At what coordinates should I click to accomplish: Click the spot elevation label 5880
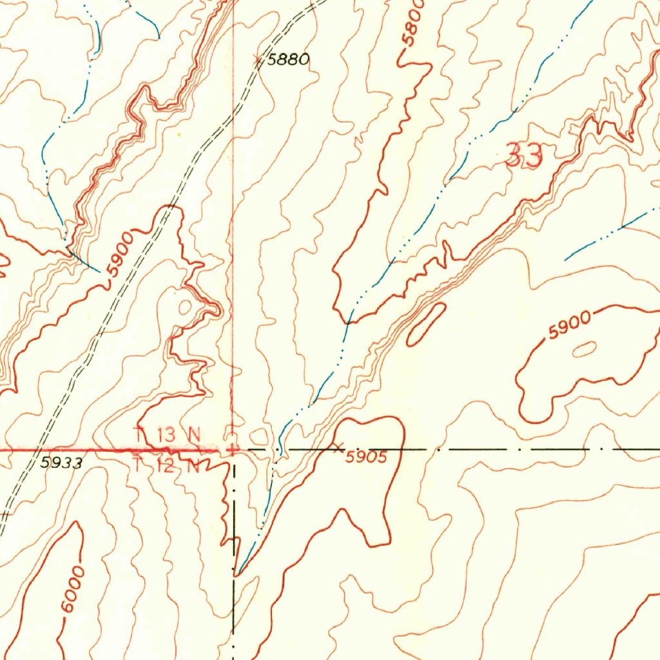pyautogui.click(x=288, y=60)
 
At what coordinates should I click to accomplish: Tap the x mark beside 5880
pyautogui.click(x=258, y=60)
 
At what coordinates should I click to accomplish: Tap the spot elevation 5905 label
pyautogui.click(x=365, y=458)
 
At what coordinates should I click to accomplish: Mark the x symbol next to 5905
pyautogui.click(x=338, y=446)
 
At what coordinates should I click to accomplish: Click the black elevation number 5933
pyautogui.click(x=61, y=462)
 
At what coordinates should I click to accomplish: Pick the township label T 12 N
pyautogui.click(x=166, y=465)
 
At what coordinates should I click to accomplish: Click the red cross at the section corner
pyautogui.click(x=231, y=447)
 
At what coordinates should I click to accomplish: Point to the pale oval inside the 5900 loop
pyautogui.click(x=584, y=349)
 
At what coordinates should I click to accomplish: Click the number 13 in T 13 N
pyautogui.click(x=165, y=434)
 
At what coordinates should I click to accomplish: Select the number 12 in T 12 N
pyautogui.click(x=165, y=465)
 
